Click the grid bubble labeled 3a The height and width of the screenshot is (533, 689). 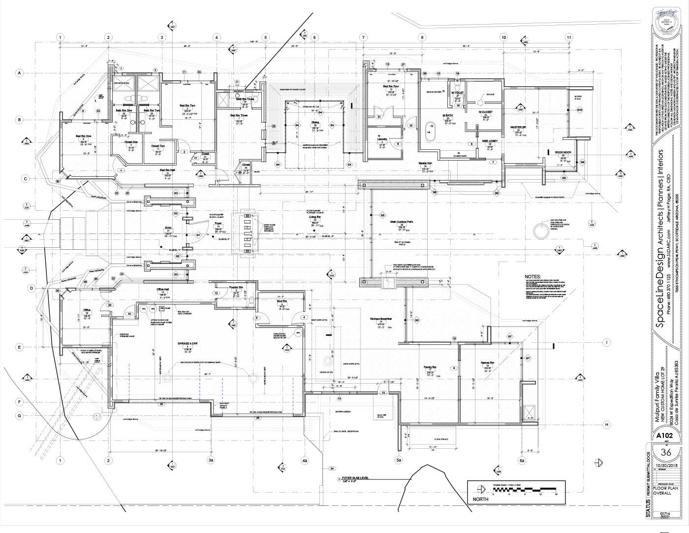point(211,460)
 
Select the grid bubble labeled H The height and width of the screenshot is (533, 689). point(607,425)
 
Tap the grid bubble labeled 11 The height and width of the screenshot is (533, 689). point(568,37)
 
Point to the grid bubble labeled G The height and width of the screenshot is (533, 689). point(20,416)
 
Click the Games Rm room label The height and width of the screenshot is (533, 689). point(487,363)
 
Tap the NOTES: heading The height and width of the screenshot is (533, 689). point(532,277)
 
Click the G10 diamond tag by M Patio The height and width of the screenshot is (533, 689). point(580,109)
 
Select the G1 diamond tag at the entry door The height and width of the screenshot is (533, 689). point(198,235)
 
